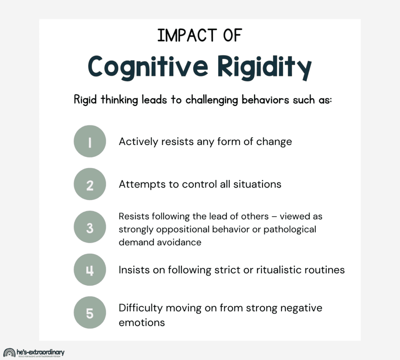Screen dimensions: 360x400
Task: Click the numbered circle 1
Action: (x=90, y=141)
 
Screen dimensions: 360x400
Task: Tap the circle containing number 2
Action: (x=90, y=184)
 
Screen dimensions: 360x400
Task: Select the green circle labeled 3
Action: (x=90, y=228)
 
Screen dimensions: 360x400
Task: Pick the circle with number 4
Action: (x=90, y=270)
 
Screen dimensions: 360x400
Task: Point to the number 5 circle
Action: (x=90, y=312)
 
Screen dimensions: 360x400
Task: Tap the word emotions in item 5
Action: (x=142, y=322)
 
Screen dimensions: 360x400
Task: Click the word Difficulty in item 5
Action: (x=141, y=308)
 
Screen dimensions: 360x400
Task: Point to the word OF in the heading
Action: (x=232, y=36)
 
